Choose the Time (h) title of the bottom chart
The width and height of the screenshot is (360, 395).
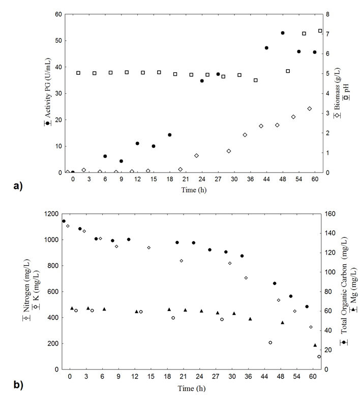pyautogui.click(x=193, y=388)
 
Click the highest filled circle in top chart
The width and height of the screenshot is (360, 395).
pyautogui.click(x=283, y=33)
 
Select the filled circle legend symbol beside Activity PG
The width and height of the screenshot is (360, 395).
pyautogui.click(x=48, y=123)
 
